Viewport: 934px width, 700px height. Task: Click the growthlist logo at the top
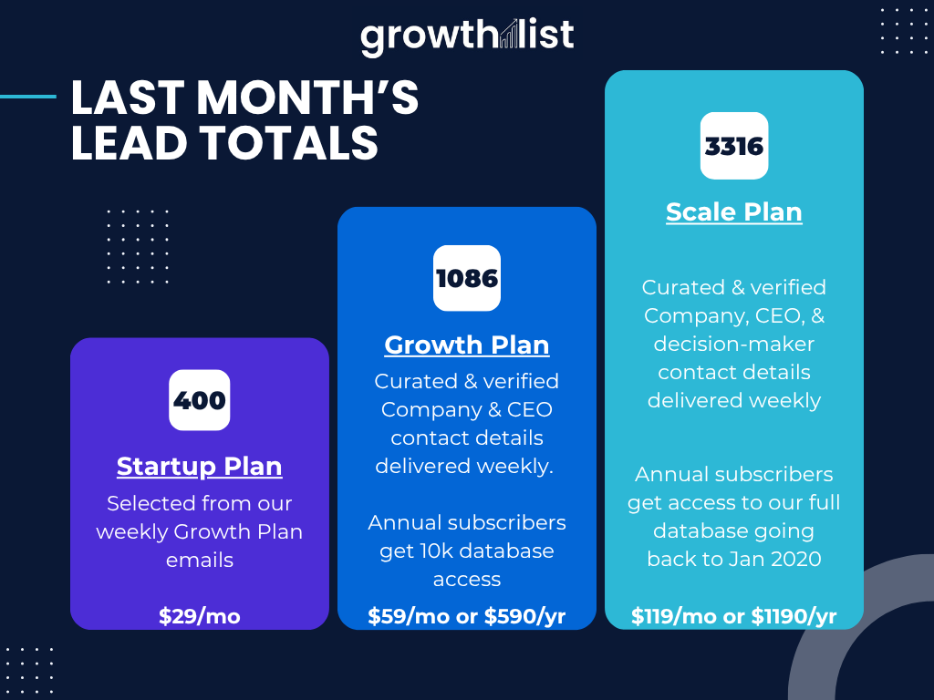pos(467,36)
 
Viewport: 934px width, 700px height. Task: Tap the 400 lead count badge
pos(200,400)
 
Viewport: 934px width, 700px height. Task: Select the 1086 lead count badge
pos(467,278)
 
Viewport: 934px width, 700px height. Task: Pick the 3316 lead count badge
pos(734,146)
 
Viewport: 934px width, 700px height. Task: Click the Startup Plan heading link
pos(200,466)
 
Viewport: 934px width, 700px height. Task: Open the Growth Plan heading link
pos(467,345)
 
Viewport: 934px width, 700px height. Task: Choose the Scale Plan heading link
pos(734,211)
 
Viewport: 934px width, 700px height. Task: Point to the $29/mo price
pos(200,616)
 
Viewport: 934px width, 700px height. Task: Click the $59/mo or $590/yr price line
pos(467,616)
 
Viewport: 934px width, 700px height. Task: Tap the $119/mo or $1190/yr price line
pos(734,616)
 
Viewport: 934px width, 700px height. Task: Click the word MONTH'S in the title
pos(308,98)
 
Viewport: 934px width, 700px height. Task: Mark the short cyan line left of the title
pos(28,97)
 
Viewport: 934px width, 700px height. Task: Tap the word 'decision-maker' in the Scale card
pos(734,344)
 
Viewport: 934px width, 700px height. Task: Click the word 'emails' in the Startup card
pos(200,561)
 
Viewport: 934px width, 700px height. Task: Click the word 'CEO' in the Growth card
pos(530,409)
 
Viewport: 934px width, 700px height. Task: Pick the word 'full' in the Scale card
pos(825,502)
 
